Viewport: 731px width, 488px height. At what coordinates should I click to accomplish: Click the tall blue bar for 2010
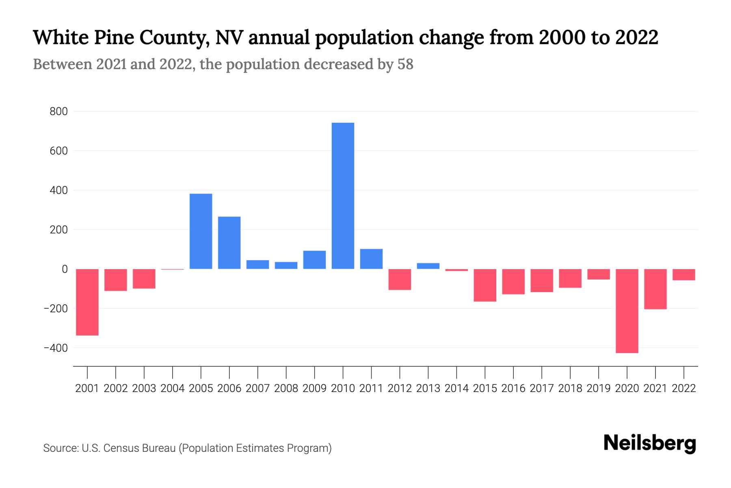(x=343, y=196)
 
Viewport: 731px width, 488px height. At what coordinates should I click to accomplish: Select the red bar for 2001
(x=87, y=302)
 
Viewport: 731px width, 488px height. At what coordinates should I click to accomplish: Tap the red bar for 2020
(x=627, y=311)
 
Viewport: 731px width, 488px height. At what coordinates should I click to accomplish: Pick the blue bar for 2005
(x=201, y=231)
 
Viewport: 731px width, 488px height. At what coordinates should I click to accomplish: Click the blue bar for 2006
(x=229, y=242)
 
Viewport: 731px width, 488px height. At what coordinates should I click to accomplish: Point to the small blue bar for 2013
(x=428, y=266)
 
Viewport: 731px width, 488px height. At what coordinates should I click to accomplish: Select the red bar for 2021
(x=655, y=289)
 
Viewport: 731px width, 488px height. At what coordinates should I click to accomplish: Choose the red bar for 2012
(x=400, y=279)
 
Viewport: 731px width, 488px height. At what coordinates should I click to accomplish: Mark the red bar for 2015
(x=485, y=285)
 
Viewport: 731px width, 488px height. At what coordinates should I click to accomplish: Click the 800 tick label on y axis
(x=58, y=111)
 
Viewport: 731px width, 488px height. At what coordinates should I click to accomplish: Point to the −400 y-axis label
(x=56, y=348)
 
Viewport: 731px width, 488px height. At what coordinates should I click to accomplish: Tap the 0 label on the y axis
(x=65, y=269)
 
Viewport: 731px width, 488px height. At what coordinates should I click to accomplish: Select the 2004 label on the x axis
(x=173, y=388)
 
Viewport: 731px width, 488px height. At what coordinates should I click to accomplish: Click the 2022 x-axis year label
(x=684, y=388)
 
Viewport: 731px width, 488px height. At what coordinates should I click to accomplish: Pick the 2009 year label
(x=315, y=388)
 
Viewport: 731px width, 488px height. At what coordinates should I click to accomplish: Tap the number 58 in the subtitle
(x=405, y=64)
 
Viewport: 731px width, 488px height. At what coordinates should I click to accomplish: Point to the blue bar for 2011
(x=371, y=259)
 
